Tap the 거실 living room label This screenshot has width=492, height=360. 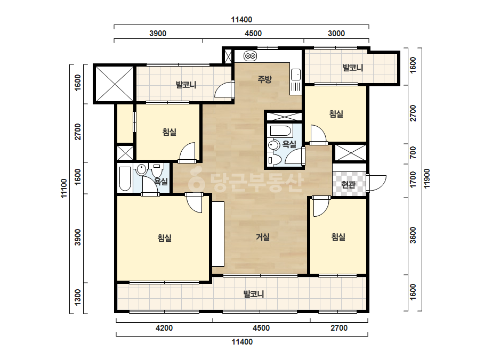click(x=263, y=237)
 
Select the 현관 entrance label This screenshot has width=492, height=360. click(x=349, y=185)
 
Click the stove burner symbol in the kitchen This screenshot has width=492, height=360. click(x=251, y=56)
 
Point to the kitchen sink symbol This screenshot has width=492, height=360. click(x=295, y=75)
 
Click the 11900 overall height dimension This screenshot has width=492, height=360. click(x=427, y=179)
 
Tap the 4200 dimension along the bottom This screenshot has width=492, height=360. click(x=164, y=328)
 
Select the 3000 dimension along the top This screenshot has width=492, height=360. click(x=336, y=33)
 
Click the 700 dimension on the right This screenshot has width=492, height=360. click(x=413, y=152)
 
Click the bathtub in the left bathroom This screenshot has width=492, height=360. click(x=125, y=179)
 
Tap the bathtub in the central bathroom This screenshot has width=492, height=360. click(x=281, y=132)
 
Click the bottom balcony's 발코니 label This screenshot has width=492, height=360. click(x=254, y=294)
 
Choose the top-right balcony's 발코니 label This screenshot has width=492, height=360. click(x=352, y=68)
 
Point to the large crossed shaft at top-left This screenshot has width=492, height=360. click(x=114, y=84)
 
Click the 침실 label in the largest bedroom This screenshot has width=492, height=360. click(x=164, y=238)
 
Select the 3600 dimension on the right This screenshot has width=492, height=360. click(x=413, y=235)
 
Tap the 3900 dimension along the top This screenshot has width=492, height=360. click(x=158, y=33)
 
